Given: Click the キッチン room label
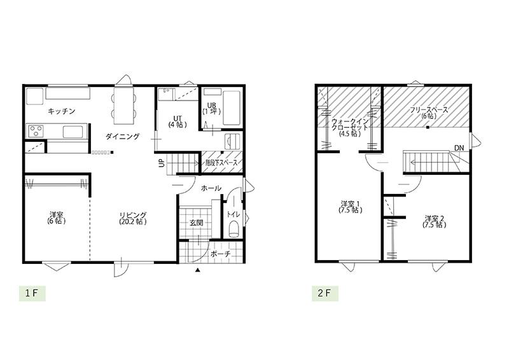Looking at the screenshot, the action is tap(62, 111).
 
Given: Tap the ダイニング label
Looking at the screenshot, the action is tap(122, 136).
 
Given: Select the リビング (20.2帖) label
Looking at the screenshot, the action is tap(133, 218).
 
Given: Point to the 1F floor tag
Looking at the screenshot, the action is tap(32, 293).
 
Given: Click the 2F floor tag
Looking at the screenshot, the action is tap(324, 293).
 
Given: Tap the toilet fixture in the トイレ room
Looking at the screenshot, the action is tap(234, 229).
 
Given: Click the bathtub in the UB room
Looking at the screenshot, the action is tap(232, 107).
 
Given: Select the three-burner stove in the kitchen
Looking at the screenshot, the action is tap(36, 132).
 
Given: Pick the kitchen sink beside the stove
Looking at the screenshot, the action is tap(73, 132).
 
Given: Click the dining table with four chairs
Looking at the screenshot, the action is tap(123, 104).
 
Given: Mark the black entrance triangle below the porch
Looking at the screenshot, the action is tap(197, 269).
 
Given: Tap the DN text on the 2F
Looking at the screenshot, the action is tap(459, 148).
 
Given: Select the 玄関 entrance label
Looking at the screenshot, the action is tap(196, 223).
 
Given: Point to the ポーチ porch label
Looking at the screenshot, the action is tap(220, 254).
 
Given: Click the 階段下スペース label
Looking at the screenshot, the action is tap(221, 163).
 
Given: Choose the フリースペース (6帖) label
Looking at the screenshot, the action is tap(428, 113).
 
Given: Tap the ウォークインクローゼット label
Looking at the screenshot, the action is tap(350, 127).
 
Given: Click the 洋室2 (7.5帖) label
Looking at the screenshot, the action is tap(434, 221).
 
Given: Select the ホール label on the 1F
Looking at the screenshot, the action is tap(211, 188).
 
